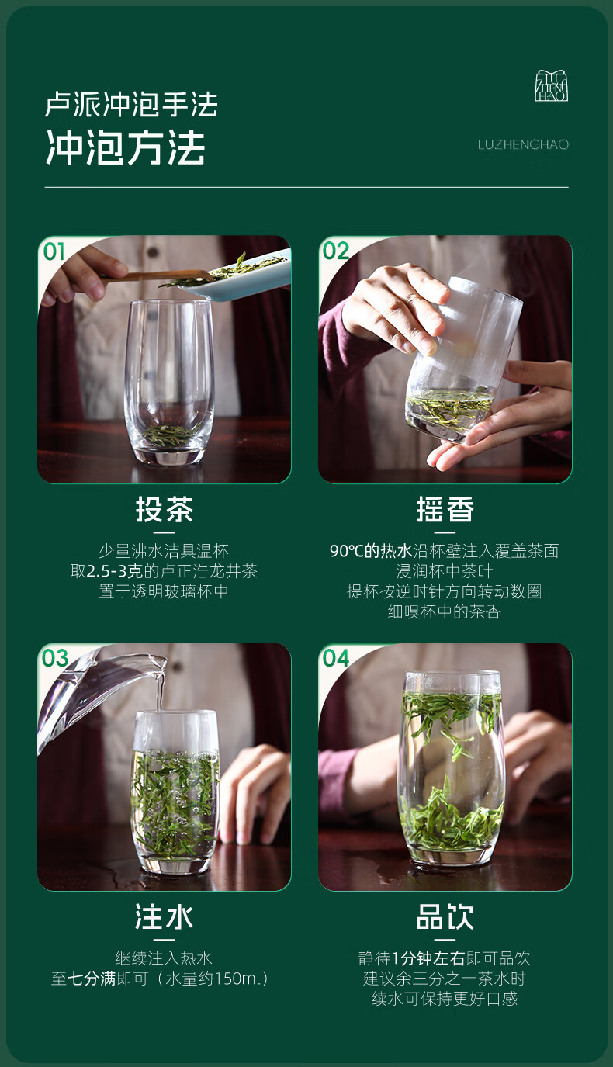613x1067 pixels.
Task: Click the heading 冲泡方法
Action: pos(126,147)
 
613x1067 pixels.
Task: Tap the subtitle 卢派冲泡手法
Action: pos(131,104)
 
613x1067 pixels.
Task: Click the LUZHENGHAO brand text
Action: pos(523,144)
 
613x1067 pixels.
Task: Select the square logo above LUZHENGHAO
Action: pos(551,85)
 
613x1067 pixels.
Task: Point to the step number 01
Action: pos(54,251)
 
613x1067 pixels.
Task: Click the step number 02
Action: pos(336,251)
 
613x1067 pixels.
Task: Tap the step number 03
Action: pos(55,658)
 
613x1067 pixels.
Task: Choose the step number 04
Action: pos(336,658)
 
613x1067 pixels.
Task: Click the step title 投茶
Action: pos(165,510)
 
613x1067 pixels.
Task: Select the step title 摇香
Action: pos(445,510)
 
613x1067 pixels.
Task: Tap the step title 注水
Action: pos(165,917)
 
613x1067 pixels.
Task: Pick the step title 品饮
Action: pos(445,917)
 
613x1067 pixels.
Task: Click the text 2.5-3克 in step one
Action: pos(115,571)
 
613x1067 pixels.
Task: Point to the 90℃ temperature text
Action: pos(347,551)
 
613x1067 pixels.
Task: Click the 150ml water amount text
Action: pos(236,979)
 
